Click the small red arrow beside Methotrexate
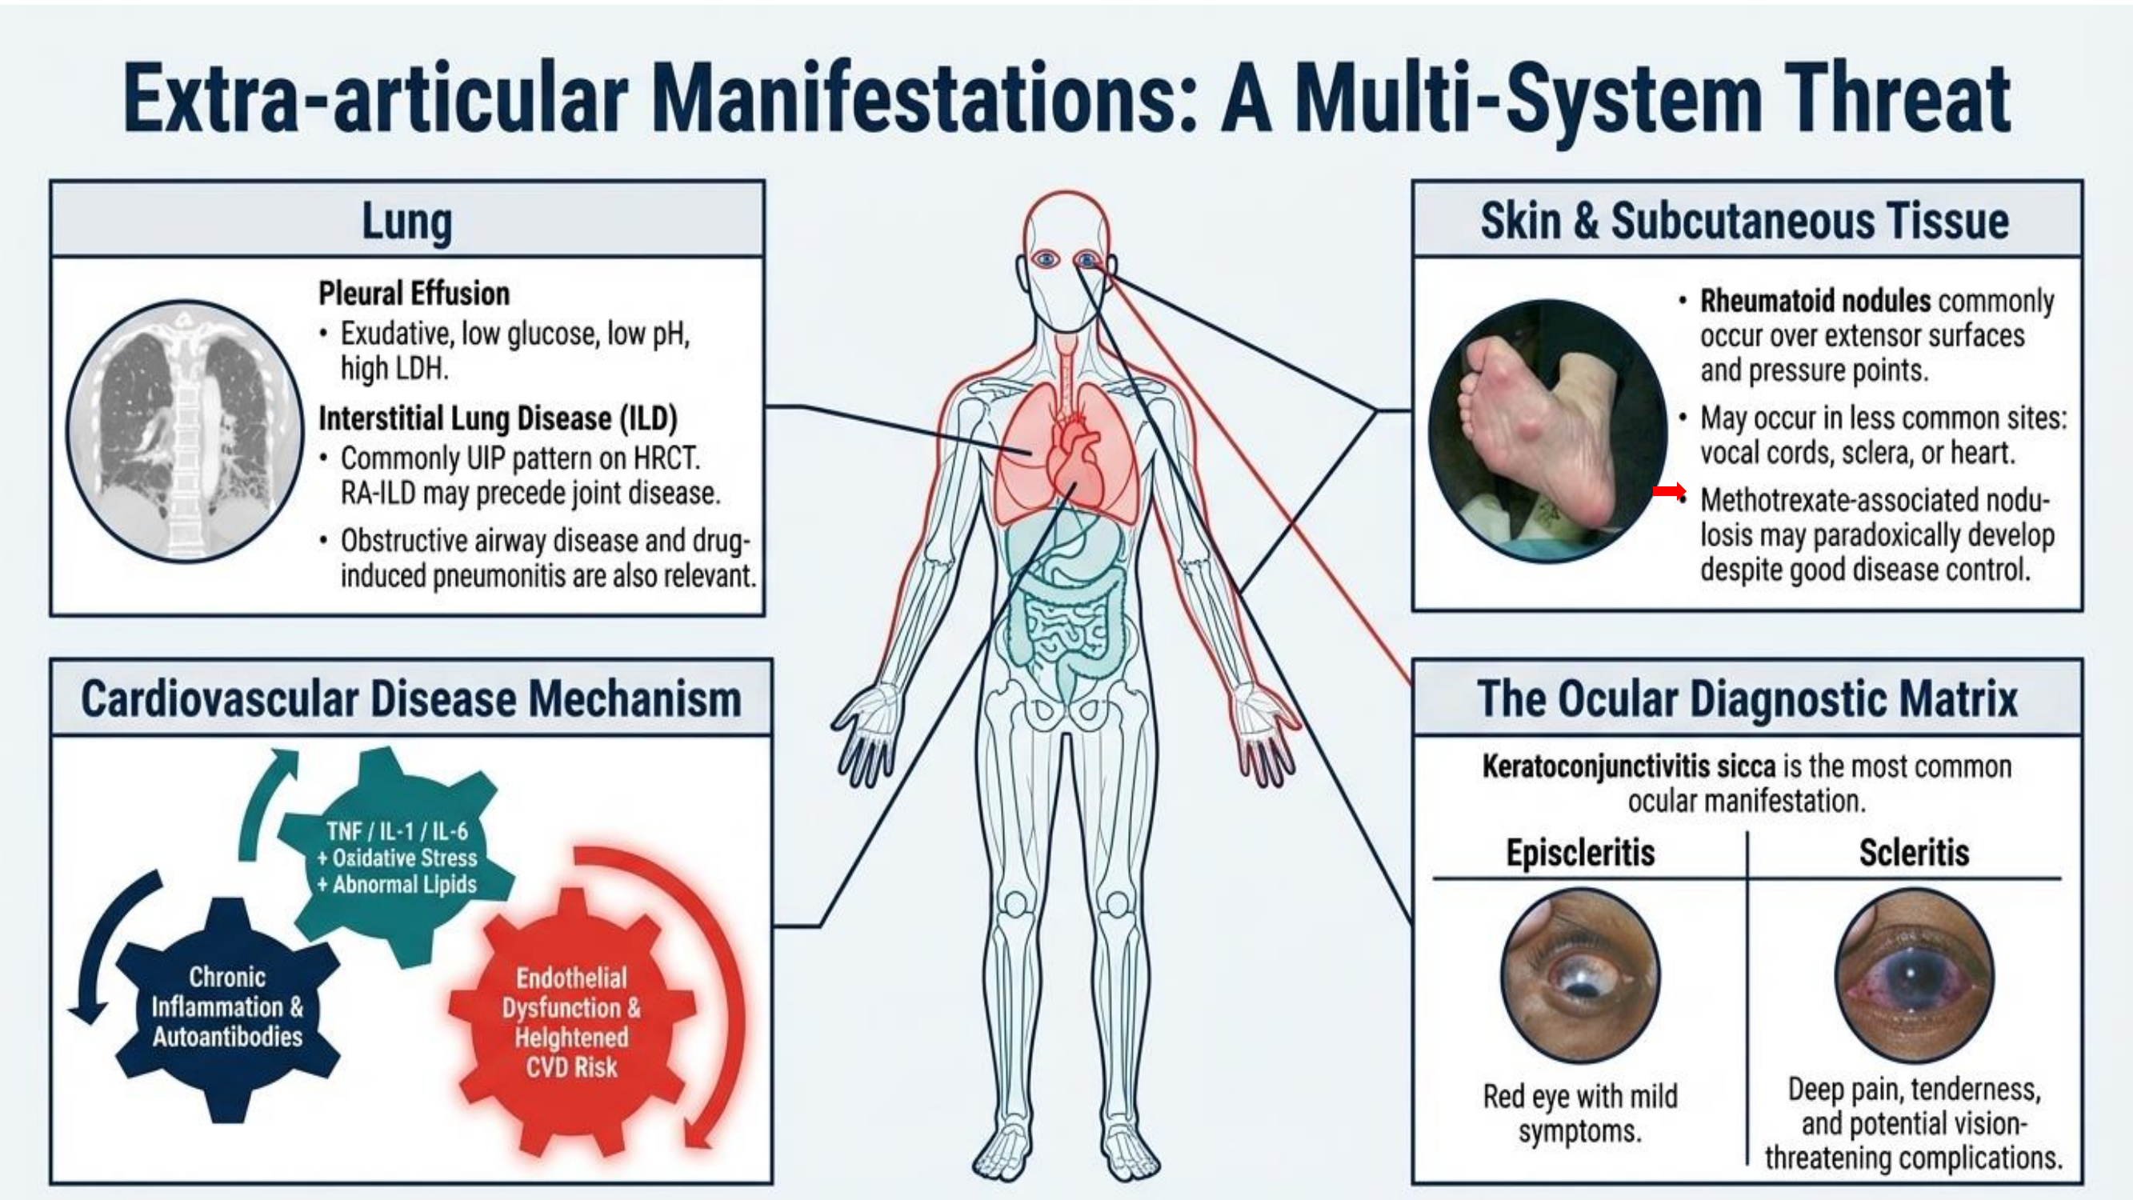[1668, 492]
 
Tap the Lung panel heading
[406, 221]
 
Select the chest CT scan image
[186, 430]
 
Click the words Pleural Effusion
[414, 294]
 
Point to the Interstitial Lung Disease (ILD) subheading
[498, 418]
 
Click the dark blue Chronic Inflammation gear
[227, 1006]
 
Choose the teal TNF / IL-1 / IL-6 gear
[396, 857]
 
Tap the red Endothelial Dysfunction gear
[571, 1022]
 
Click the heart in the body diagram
[1074, 464]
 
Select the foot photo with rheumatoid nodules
[1547, 430]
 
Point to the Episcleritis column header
[1580, 853]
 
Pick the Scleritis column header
[1914, 853]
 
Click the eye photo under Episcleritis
[1580, 975]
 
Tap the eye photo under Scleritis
[1914, 975]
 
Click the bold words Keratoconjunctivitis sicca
[1628, 767]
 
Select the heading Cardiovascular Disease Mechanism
[410, 699]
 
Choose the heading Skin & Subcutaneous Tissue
[1745, 221]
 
